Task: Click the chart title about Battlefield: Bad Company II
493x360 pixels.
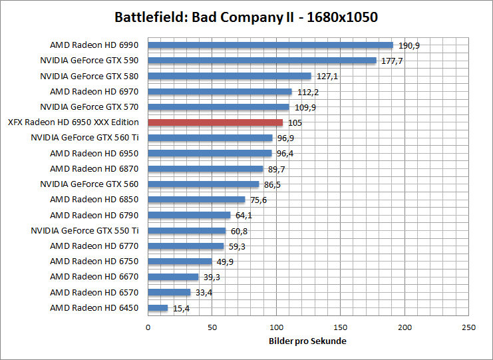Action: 246,17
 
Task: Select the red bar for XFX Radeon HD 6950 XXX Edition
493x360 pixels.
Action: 215,122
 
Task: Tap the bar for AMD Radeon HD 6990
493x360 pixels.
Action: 270,45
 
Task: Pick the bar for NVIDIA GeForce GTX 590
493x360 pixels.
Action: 262,61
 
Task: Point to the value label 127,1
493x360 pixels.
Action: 326,77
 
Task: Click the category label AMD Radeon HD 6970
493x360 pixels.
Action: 94,92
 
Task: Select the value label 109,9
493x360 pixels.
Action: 303,107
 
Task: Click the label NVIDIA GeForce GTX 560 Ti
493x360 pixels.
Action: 84,138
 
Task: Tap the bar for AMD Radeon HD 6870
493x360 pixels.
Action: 206,169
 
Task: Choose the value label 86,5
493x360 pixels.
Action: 271,184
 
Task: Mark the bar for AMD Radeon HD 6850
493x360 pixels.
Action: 196,200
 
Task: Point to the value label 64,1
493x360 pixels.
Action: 243,215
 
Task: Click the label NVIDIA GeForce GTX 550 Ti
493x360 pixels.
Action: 84,230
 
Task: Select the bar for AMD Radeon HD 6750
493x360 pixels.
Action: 180,262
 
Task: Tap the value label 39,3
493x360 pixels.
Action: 211,277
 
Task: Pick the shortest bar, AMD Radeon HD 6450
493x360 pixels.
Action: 158,307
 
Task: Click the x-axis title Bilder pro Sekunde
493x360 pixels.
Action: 308,341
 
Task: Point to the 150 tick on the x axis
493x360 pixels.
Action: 341,327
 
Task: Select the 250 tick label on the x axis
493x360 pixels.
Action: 469,327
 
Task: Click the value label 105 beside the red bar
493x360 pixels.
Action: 295,122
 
